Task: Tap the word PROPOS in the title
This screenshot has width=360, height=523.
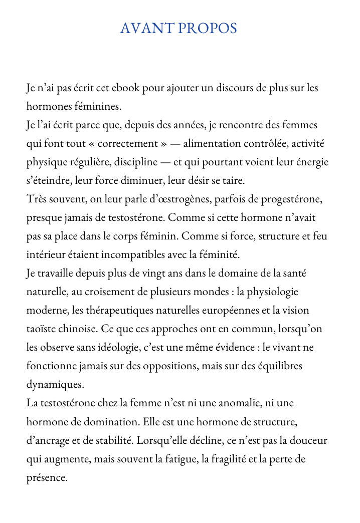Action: (x=208, y=29)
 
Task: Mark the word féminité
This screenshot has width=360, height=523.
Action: (x=221, y=255)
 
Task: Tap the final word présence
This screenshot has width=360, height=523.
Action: (x=46, y=477)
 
